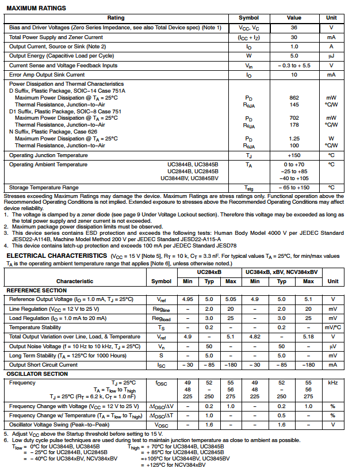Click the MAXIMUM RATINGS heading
36,8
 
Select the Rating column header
116,18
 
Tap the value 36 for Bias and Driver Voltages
294,27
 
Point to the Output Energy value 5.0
294,56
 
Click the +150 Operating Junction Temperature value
294,155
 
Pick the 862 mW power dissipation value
294,98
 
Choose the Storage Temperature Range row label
44,188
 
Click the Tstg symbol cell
248,188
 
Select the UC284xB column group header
209,272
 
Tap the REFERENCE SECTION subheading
36,291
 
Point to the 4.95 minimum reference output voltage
187,299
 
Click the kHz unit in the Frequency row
332,382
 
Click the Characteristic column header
75,281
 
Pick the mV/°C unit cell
332,328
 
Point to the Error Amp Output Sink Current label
47,75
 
